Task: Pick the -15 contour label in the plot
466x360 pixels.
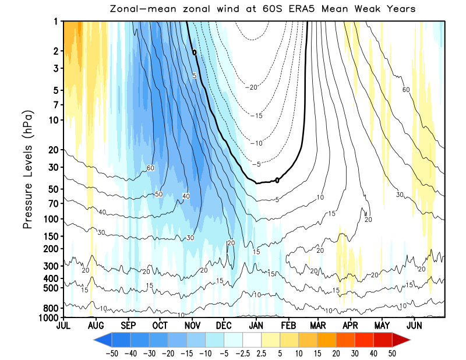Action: click(x=257, y=116)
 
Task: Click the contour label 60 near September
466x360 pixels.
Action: click(x=150, y=168)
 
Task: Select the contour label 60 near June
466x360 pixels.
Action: click(x=406, y=89)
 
